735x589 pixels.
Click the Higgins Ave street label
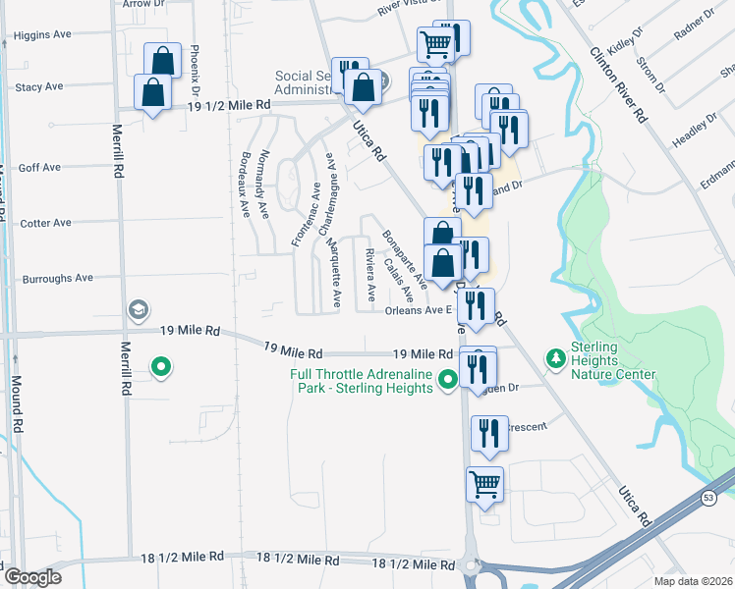(x=42, y=35)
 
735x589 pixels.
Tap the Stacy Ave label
(x=39, y=87)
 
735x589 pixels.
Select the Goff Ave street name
(x=39, y=168)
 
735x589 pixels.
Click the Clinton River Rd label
(x=617, y=86)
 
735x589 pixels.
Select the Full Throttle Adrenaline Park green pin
(x=448, y=378)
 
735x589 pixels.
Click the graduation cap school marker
(x=138, y=311)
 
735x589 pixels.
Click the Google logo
(x=32, y=577)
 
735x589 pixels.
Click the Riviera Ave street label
(x=370, y=274)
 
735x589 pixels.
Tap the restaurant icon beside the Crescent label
(x=488, y=433)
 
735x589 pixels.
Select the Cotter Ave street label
(x=45, y=223)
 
